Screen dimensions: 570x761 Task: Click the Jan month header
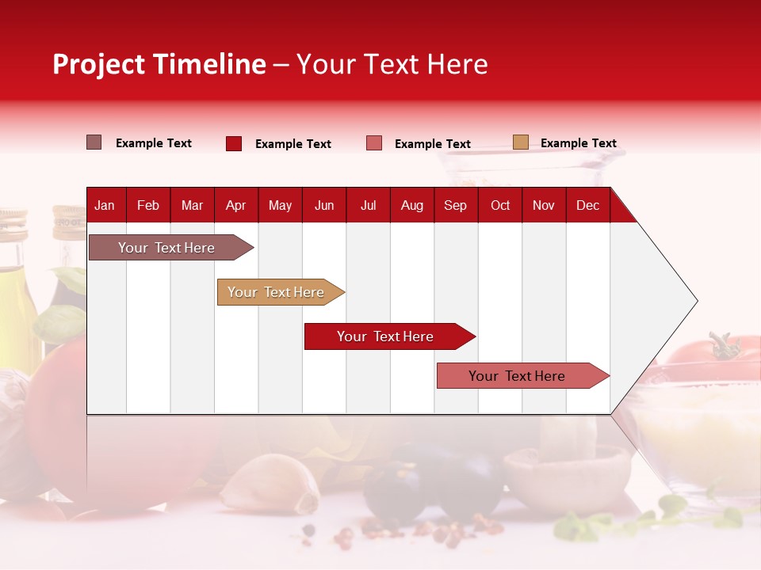click(x=105, y=206)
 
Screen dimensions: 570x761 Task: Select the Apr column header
click(x=235, y=206)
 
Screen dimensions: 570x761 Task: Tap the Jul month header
click(x=368, y=206)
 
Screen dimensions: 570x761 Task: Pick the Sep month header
click(x=455, y=206)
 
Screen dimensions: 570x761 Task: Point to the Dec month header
click(x=587, y=206)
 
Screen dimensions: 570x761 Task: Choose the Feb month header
click(x=148, y=206)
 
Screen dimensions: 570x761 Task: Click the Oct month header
click(x=500, y=206)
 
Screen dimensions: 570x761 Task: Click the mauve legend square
click(x=94, y=142)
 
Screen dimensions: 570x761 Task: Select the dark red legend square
click(x=234, y=143)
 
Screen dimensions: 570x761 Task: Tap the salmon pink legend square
click(x=374, y=143)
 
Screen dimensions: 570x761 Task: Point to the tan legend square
click(x=520, y=142)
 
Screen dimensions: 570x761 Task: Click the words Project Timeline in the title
click(x=159, y=64)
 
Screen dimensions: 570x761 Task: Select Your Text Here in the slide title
click(x=392, y=64)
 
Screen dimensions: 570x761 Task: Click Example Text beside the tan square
click(x=578, y=143)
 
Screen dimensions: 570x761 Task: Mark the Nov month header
click(x=544, y=206)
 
